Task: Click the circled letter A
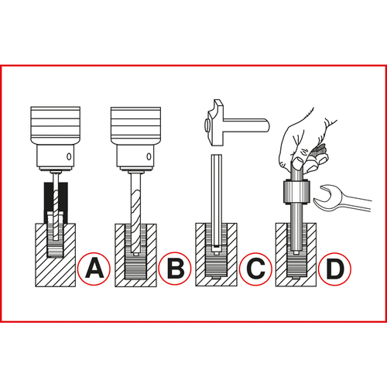pyautogui.click(x=94, y=269)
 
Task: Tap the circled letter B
pyautogui.click(x=175, y=269)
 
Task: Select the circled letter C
pyautogui.click(x=255, y=269)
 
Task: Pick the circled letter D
pyautogui.click(x=334, y=269)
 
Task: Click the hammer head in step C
pyautogui.click(x=215, y=123)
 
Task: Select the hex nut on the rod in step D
pyautogui.click(x=296, y=192)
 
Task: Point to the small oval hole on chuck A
pyautogui.click(x=69, y=156)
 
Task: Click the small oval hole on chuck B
pyautogui.click(x=149, y=156)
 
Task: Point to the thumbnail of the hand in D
pyautogui.click(x=298, y=163)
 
